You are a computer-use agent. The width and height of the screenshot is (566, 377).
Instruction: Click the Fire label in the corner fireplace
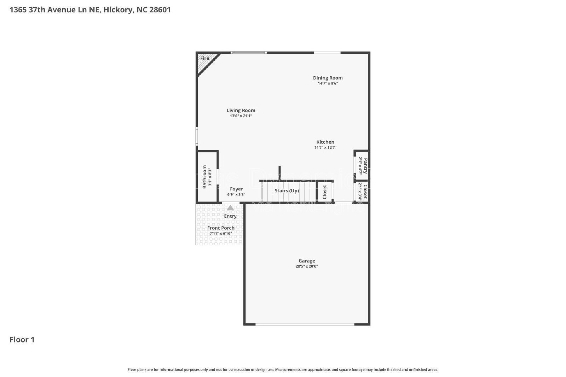[204, 58]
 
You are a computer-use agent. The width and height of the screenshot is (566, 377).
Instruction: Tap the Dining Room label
[328, 78]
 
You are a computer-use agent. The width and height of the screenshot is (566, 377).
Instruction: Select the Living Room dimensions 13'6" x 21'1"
[241, 116]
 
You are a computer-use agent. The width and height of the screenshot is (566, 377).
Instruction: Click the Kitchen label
[325, 142]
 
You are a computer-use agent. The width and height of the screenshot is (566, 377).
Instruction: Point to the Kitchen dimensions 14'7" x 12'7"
[325, 148]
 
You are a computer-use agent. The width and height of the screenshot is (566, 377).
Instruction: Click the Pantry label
[365, 166]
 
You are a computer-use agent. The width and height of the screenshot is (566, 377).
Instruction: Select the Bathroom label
[204, 177]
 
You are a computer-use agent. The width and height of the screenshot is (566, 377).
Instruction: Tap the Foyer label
[236, 189]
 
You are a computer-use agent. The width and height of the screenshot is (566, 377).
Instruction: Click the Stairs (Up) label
[287, 191]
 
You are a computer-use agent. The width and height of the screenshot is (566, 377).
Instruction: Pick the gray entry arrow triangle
[230, 208]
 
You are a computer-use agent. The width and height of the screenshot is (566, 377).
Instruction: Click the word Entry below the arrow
[230, 216]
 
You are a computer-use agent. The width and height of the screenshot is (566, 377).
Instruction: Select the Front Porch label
[221, 228]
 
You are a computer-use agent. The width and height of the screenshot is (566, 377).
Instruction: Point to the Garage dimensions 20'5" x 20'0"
[307, 266]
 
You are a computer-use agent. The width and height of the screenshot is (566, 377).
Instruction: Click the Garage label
[307, 261]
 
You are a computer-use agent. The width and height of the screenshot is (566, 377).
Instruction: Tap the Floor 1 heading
[22, 340]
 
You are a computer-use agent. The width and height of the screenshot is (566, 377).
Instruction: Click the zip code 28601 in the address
[160, 10]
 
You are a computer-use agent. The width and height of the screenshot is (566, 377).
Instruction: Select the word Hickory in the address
[119, 10]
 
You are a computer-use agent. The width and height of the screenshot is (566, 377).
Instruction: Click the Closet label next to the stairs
[324, 192]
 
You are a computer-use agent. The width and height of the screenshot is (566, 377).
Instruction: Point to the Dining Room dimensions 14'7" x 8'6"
[328, 83]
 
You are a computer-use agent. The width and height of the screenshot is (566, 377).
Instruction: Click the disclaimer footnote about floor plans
[283, 370]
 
